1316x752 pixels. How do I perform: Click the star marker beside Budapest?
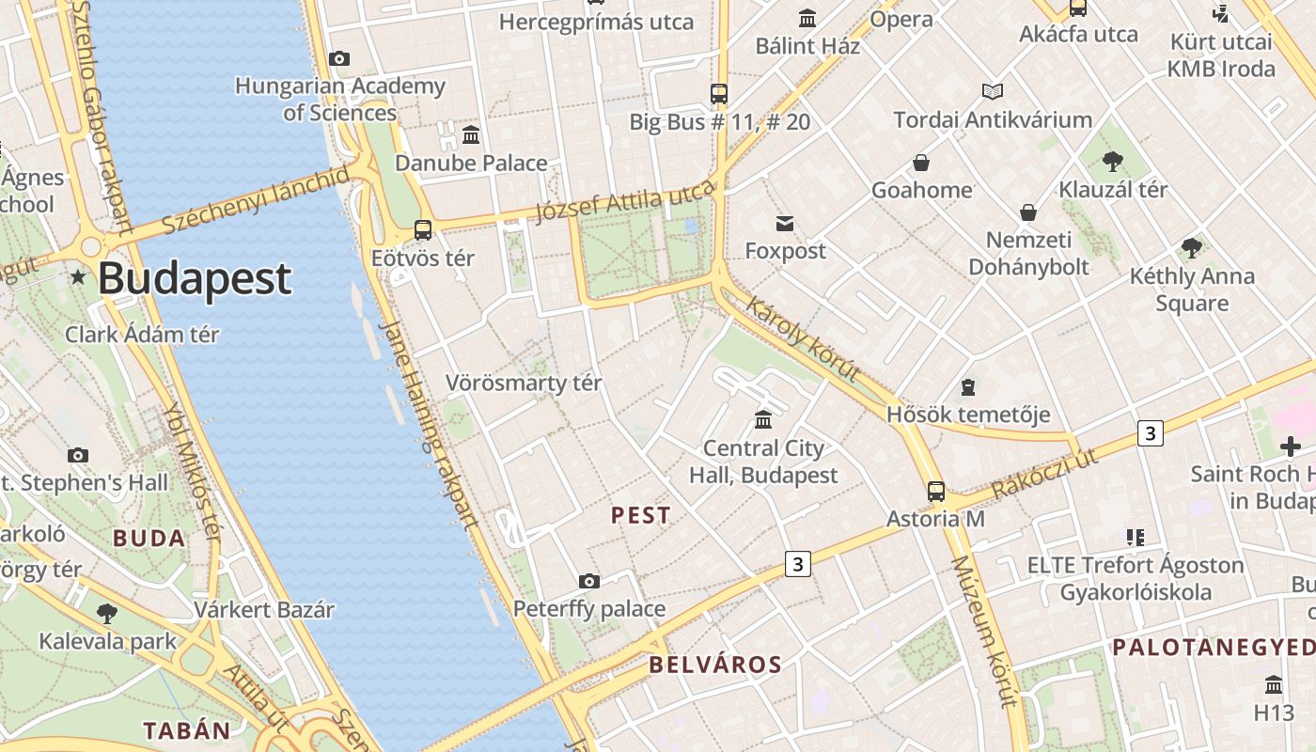pos(78,277)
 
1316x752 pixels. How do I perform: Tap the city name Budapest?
pos(195,278)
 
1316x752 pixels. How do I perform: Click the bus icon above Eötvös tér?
pos(423,230)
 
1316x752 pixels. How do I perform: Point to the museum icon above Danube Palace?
pos(471,135)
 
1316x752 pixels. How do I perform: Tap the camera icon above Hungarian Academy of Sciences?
pos(339,59)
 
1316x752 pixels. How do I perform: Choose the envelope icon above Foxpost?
pos(785,224)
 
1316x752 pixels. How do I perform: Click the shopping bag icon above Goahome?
pos(921,163)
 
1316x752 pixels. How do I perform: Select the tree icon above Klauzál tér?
pos(1113,162)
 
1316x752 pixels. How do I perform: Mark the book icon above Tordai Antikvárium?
pos(993,92)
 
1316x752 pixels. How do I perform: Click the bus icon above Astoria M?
pos(936,491)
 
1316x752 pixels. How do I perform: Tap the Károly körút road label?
pos(804,338)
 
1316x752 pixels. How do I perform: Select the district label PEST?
pos(641,515)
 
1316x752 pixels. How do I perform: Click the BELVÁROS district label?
pos(715,666)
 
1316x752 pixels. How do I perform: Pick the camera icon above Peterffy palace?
pos(589,581)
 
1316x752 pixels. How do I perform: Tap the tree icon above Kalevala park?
pos(107,614)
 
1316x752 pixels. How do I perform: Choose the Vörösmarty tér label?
pos(524,384)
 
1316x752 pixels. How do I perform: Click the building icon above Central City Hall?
pos(763,419)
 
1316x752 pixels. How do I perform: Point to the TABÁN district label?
pos(186,730)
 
